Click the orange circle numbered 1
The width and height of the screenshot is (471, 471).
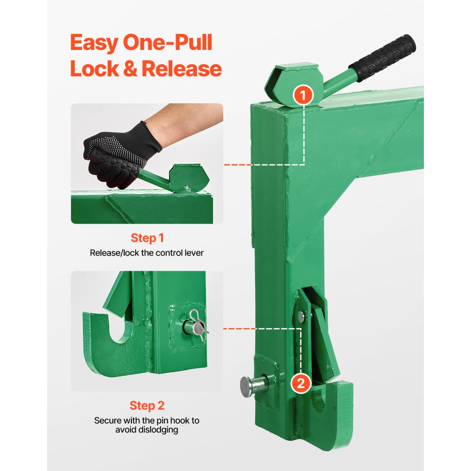tap(303, 96)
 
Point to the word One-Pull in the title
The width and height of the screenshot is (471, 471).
tap(168, 43)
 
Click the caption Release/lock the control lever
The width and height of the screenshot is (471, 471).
tap(147, 253)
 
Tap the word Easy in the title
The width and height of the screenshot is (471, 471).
tap(94, 43)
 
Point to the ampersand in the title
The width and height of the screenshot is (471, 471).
tap(128, 69)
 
